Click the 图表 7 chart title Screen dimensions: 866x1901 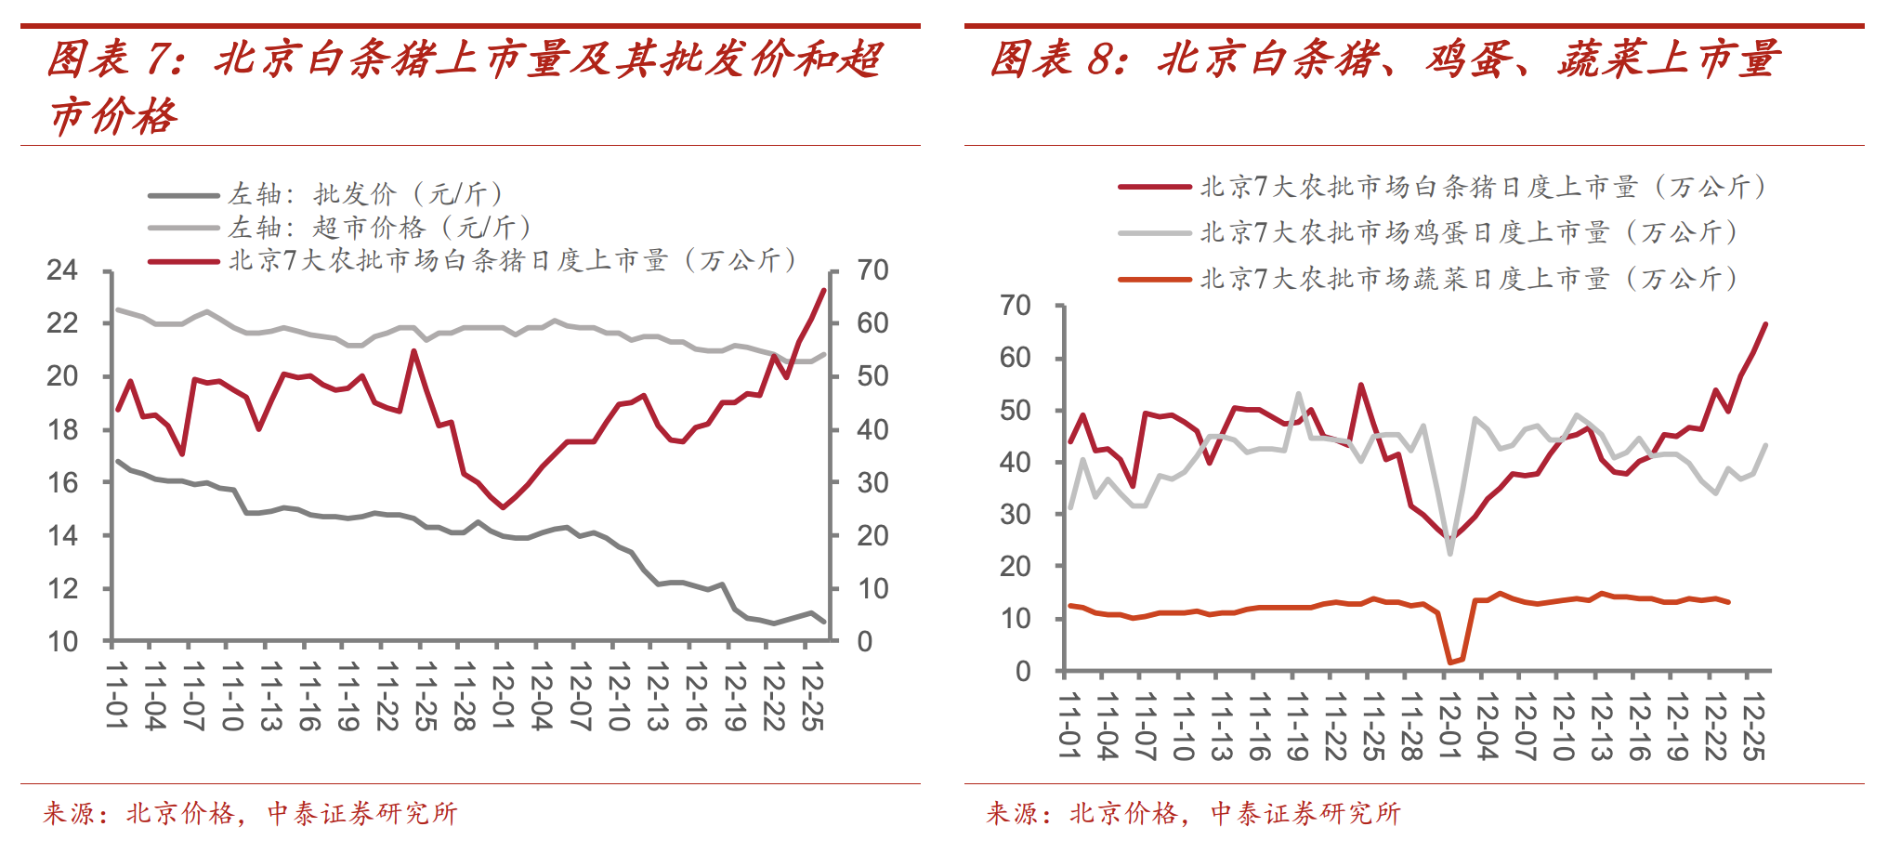pos(465,85)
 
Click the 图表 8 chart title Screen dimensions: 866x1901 pos(1384,59)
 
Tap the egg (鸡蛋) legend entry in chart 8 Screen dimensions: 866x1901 pos(1468,232)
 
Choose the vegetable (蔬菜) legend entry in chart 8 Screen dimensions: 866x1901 pos(1468,279)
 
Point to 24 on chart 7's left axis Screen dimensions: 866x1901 pos(62,270)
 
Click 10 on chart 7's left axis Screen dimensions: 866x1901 pos(62,641)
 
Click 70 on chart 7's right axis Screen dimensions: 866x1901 pos(872,270)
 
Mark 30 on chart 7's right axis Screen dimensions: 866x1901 pos(872,482)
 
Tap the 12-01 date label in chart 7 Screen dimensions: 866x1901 pos(503,696)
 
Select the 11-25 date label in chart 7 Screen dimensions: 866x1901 pos(426,696)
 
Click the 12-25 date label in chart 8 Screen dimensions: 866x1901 pos(1752,727)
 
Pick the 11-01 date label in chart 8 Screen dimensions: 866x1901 pos(1069,727)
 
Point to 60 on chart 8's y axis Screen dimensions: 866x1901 pos(1015,358)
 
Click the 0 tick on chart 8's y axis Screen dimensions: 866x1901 pos(1023,671)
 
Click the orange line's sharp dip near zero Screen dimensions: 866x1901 pos(1450,662)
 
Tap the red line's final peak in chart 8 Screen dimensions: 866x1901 pos(1765,324)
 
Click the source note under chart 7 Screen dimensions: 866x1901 pos(251,814)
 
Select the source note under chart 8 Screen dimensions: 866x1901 pos(1194,814)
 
